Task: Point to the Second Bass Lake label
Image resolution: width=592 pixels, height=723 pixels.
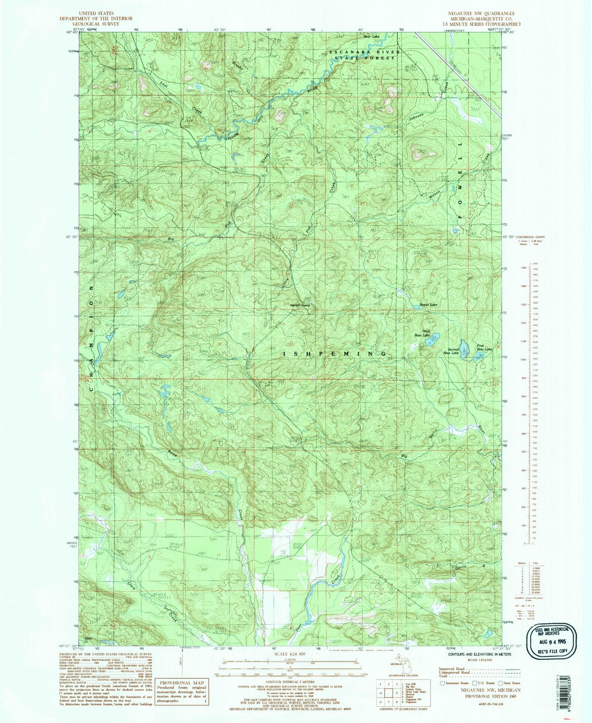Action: tap(451, 351)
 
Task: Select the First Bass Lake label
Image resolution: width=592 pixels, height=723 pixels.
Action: tap(484, 347)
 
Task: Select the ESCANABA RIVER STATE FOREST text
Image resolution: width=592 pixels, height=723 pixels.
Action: tap(362, 55)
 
